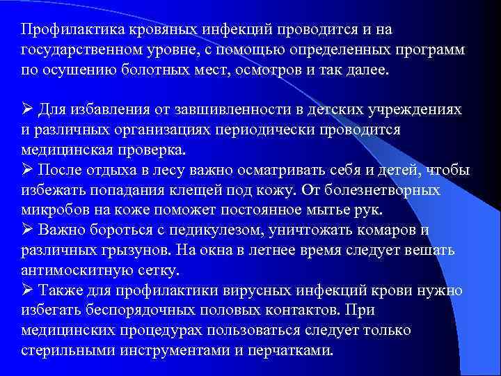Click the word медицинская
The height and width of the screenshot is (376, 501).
pos(65,150)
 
